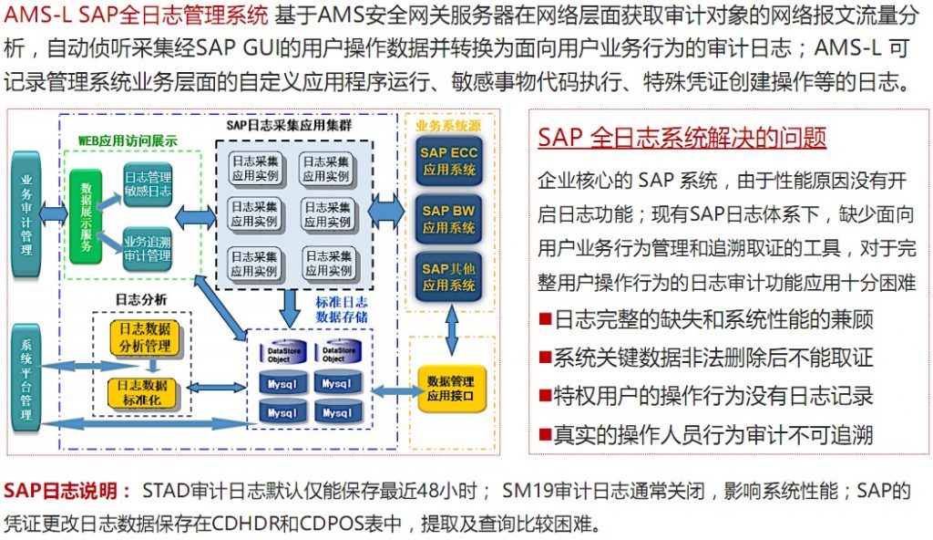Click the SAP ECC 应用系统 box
(448, 161)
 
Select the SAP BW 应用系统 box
(448, 219)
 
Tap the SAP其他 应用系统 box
(448, 276)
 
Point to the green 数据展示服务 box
(86, 216)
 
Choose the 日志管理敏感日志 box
(147, 185)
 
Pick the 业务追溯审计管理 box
(147, 249)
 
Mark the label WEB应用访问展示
(127, 142)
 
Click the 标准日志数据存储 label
(342, 309)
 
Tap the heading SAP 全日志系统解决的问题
(682, 138)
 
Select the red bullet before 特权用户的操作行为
(545, 396)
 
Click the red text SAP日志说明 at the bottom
(67, 492)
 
